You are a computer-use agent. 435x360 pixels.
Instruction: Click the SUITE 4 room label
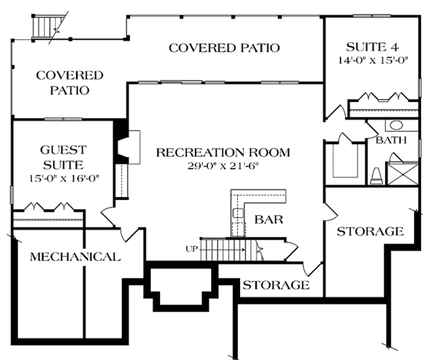[372, 47]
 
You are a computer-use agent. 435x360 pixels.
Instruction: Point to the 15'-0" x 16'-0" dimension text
[63, 176]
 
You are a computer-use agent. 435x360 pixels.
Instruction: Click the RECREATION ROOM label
[223, 152]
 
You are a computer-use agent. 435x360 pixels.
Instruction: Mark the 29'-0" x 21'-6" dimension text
[223, 165]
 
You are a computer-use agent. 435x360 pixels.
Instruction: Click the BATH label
[391, 140]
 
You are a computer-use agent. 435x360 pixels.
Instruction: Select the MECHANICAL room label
[75, 257]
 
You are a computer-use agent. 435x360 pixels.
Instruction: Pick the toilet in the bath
[376, 175]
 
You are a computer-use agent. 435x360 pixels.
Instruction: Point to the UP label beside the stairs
[191, 250]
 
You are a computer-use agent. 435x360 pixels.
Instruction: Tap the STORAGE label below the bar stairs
[275, 285]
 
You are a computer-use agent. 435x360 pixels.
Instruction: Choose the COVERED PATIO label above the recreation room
[224, 49]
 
